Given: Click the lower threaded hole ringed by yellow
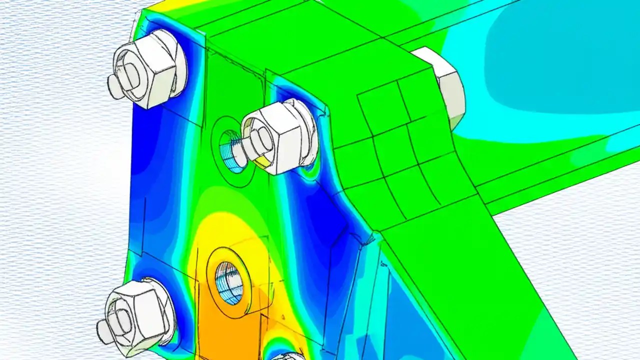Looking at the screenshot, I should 229,282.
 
